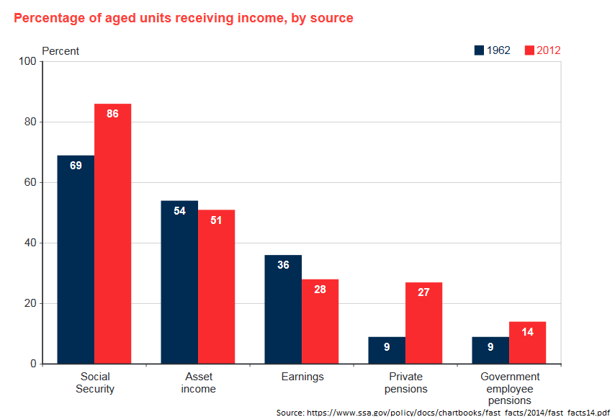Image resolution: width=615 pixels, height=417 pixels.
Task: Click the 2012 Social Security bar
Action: [x=112, y=234]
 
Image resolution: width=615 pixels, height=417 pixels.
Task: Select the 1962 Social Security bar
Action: [x=76, y=259]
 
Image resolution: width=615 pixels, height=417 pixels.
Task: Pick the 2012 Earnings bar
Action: [x=320, y=321]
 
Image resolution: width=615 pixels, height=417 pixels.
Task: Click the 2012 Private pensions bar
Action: [x=423, y=323]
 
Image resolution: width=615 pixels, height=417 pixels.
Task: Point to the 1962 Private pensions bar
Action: [x=387, y=351]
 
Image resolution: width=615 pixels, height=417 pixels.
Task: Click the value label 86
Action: [x=112, y=114]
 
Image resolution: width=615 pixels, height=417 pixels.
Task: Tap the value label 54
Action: [x=179, y=211]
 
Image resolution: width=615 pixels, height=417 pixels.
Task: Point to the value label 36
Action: [x=283, y=265]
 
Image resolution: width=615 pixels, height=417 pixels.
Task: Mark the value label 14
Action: [x=527, y=332]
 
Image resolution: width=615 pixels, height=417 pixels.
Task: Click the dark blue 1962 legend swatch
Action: [x=479, y=50]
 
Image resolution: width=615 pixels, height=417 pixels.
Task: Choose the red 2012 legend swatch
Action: [x=529, y=50]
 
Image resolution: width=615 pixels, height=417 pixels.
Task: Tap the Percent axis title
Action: [x=60, y=51]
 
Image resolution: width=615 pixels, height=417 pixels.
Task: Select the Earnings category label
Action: [x=302, y=377]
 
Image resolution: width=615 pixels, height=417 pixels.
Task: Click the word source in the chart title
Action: [x=332, y=18]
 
